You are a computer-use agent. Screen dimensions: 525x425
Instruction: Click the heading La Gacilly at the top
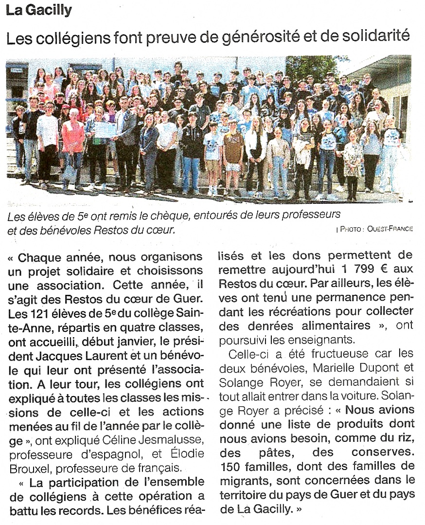39,9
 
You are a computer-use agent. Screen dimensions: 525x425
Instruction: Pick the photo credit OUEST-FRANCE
390,229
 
